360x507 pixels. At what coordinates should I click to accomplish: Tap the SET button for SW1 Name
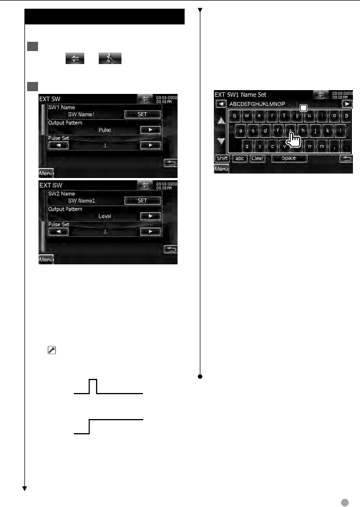(x=142, y=115)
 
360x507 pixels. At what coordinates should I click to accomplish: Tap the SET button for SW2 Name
(x=142, y=200)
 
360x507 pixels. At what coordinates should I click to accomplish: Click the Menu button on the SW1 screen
(x=46, y=173)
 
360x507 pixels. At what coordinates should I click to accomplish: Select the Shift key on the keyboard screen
(x=222, y=159)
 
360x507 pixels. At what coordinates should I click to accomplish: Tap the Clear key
(x=257, y=159)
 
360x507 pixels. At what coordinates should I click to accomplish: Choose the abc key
(x=239, y=159)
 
